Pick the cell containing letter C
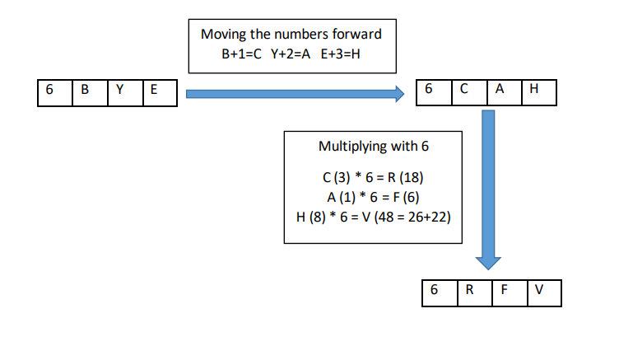pos(468,91)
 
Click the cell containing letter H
pos(538,91)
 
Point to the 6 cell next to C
pos(433,91)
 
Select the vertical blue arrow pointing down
pos(488,189)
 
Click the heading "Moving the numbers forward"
pos(291,35)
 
